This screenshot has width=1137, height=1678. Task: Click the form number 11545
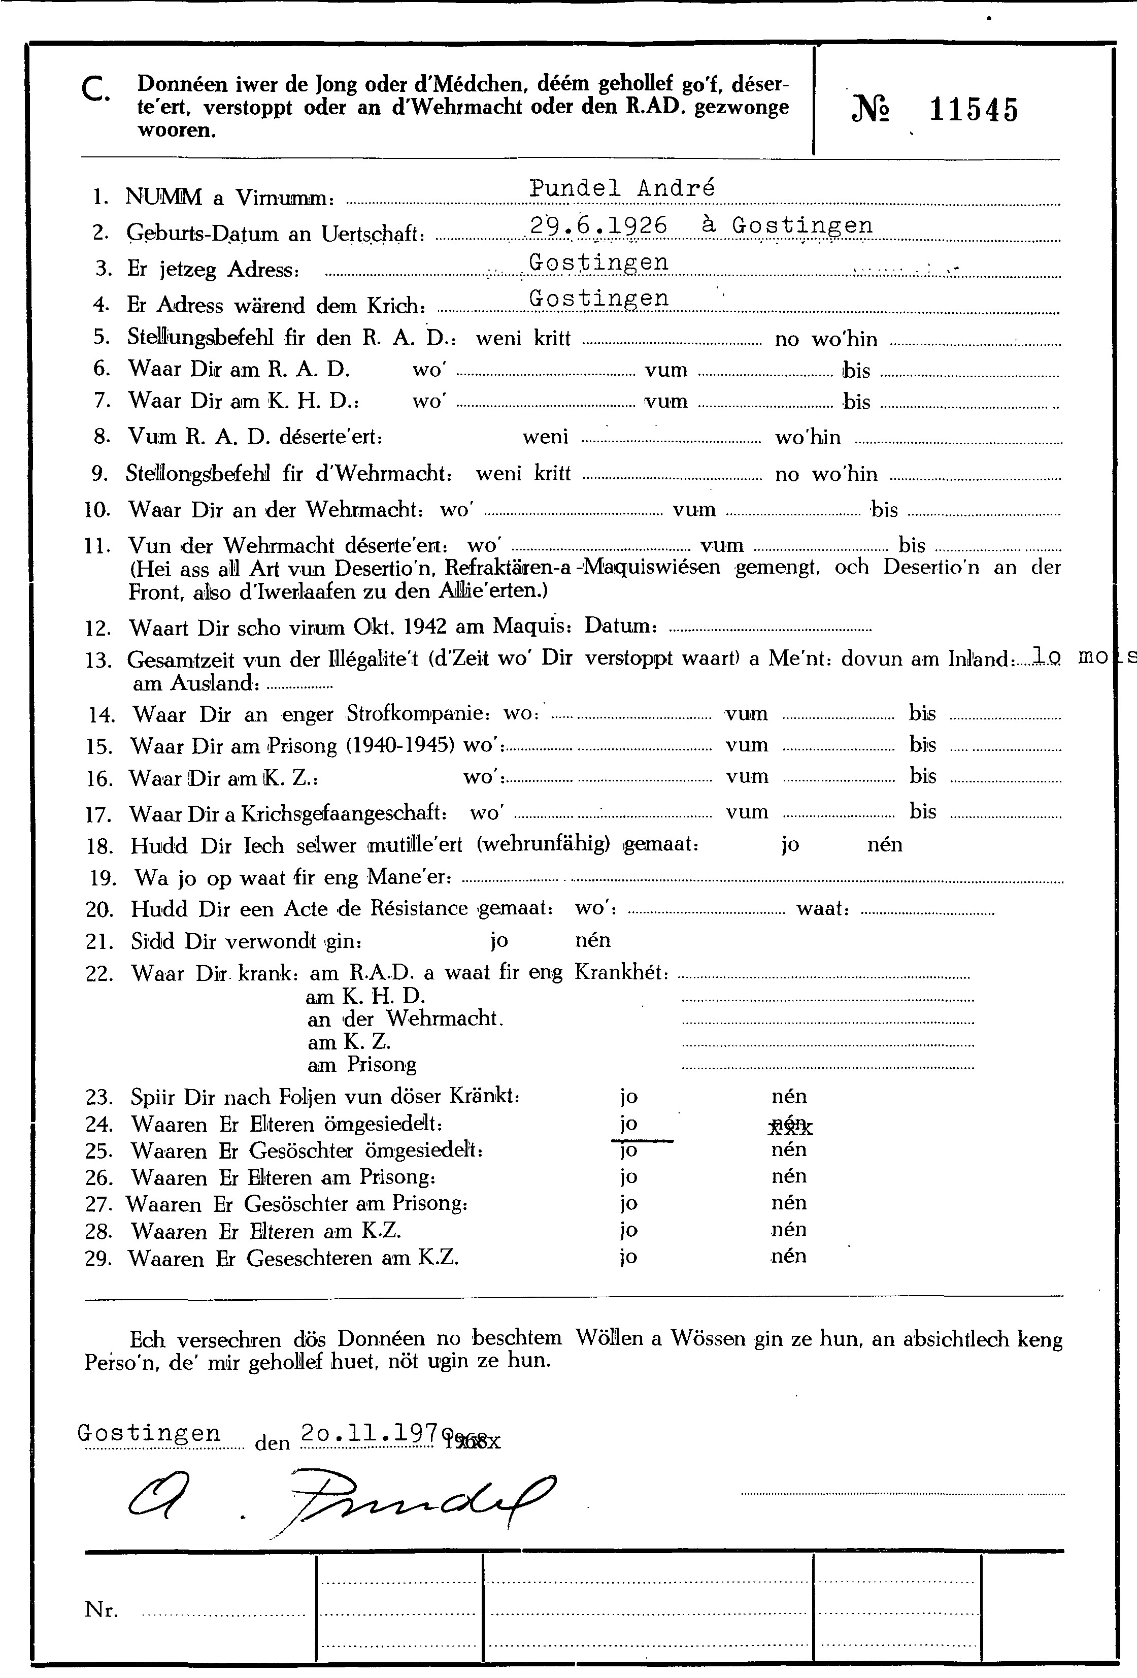pos(974,111)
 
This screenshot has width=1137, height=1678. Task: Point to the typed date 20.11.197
pos(370,1432)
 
